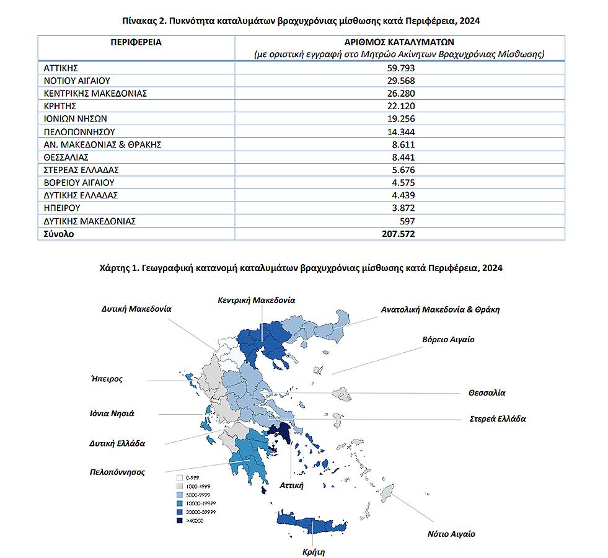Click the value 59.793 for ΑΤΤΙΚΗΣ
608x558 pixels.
[400, 68]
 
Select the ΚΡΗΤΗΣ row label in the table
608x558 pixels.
[60, 106]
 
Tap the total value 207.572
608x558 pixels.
[398, 234]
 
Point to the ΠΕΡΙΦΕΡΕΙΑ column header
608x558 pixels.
[136, 42]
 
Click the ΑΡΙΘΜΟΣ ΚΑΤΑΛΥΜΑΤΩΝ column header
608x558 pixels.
[400, 42]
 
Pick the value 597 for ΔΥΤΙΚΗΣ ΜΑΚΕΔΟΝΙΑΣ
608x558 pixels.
[406, 221]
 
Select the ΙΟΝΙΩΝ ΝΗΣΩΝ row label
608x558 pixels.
[71, 119]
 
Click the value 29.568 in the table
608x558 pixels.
[400, 81]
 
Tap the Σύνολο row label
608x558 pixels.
[59, 234]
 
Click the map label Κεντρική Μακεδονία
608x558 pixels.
[256, 300]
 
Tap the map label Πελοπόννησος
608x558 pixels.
[117, 472]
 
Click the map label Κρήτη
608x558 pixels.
[314, 551]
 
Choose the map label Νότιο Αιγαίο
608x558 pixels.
[451, 533]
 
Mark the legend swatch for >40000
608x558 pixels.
[179, 521]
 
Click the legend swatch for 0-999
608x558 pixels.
[179, 477]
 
